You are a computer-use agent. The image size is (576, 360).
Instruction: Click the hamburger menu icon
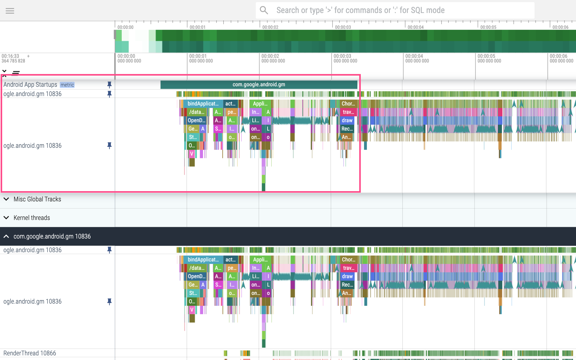coord(10,11)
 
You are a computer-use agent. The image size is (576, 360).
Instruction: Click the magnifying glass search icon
coord(264,10)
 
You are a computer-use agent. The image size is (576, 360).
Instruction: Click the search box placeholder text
coord(360,10)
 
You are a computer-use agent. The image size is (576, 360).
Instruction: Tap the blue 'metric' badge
coord(67,85)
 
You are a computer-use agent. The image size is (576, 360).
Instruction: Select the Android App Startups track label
coord(30,85)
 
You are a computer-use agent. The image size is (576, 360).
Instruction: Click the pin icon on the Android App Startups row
coord(109,85)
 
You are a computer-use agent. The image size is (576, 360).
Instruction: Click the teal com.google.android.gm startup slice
coord(259,85)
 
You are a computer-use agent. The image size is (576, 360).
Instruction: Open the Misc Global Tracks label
coord(37,199)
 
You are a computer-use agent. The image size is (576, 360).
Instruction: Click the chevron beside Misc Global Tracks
coord(6,199)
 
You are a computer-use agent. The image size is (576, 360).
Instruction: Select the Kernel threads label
coord(32,218)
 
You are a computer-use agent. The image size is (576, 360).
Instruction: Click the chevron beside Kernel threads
coord(6,218)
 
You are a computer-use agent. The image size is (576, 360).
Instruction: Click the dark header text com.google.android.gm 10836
coord(52,236)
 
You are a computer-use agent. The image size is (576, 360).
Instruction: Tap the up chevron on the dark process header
coord(6,236)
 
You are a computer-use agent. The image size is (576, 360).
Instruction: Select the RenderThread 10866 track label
coord(30,353)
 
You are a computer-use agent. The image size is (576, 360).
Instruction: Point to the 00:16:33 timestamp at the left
coord(11,56)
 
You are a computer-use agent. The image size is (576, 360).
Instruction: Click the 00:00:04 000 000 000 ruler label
coord(417,59)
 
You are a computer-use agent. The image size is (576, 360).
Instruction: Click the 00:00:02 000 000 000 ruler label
coord(273,59)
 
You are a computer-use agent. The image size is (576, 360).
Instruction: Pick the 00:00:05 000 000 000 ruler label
coord(489,59)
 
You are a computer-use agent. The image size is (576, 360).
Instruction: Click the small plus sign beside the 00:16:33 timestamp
coord(28,56)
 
